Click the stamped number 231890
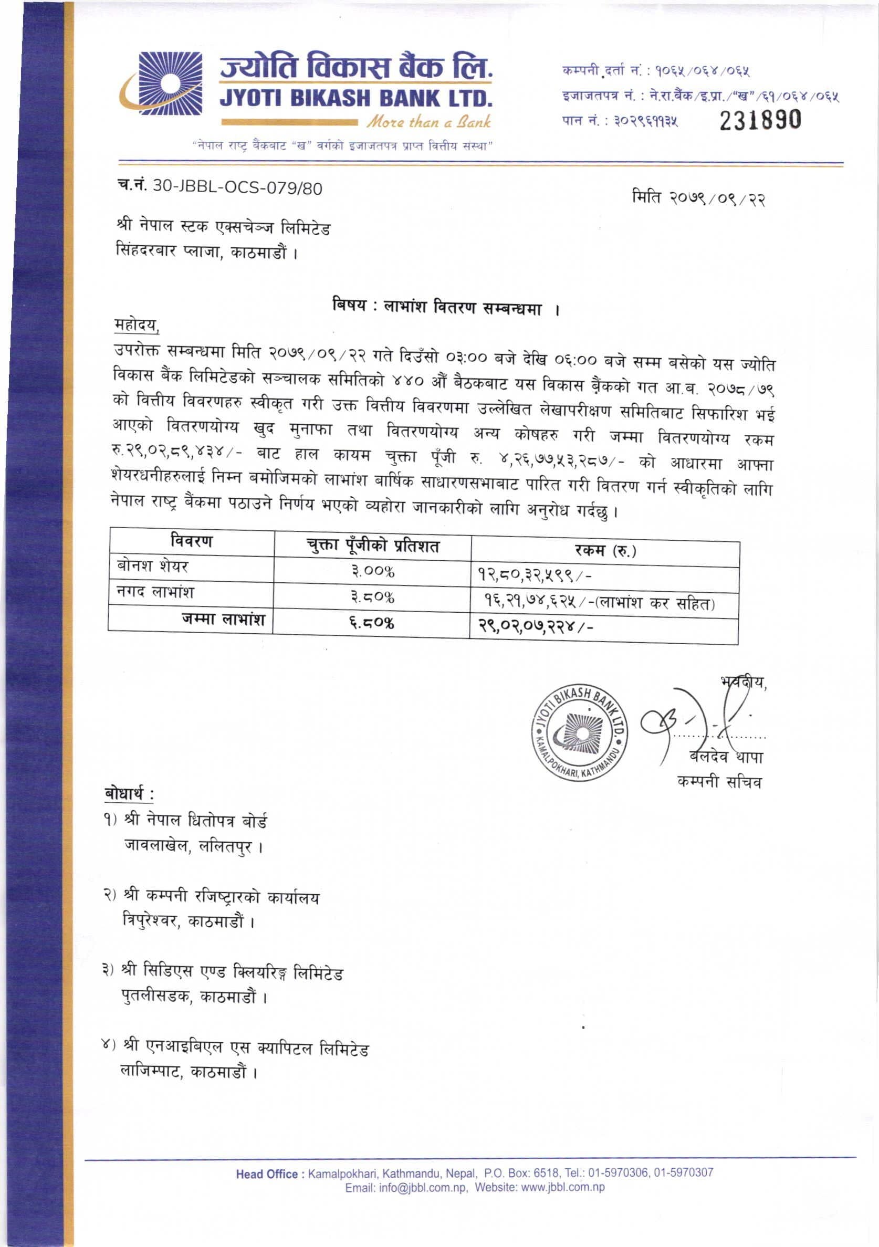760,120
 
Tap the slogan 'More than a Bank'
428,122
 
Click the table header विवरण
191,541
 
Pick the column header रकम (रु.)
605,551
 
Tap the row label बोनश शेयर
153,567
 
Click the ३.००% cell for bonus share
372,572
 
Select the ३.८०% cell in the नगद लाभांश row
372,598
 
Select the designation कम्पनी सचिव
719,782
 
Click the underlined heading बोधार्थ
129,793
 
